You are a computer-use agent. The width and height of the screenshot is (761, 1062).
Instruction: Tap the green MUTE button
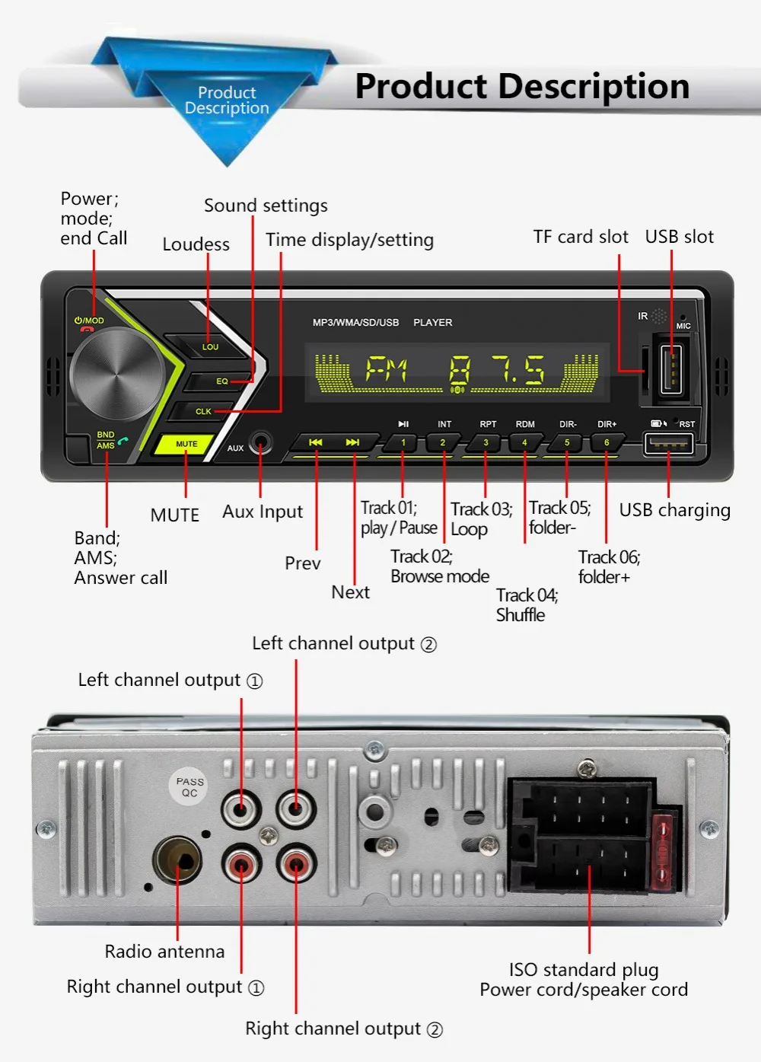coord(186,444)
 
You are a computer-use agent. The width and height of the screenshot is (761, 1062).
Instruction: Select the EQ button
coord(221,381)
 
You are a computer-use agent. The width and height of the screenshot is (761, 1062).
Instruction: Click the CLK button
coord(203,411)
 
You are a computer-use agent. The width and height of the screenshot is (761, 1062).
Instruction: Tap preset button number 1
coord(403,442)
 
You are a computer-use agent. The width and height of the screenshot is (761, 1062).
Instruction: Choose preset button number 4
coord(524,442)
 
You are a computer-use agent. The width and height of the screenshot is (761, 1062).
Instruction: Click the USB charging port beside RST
coord(668,443)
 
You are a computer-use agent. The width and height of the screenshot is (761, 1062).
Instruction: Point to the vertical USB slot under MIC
coord(671,369)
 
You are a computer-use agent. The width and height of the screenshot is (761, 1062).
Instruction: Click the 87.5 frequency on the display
coord(496,371)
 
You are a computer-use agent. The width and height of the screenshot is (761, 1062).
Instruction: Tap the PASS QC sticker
coord(189,786)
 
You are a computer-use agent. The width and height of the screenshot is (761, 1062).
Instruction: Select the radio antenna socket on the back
coord(178,860)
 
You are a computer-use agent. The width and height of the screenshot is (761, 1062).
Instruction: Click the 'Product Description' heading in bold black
coord(522,86)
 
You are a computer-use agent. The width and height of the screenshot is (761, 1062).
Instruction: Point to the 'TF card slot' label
coord(581,237)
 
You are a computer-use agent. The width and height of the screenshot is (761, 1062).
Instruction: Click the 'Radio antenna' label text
coord(164,952)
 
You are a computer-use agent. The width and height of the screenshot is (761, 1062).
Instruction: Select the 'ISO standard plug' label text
coord(584,970)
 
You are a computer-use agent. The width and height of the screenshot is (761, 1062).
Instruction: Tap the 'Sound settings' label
coord(266,206)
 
